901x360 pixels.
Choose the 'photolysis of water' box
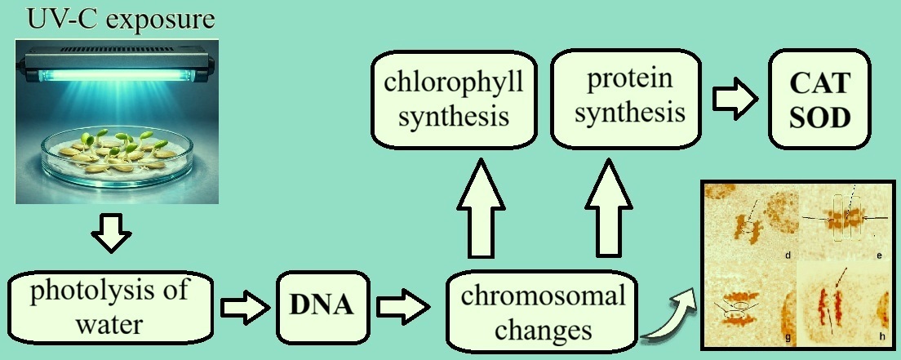coord(110,309)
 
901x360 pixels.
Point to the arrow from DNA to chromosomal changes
coord(403,309)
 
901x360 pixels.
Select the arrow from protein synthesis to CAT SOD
coord(735,99)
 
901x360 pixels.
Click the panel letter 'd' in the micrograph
coord(788,256)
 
